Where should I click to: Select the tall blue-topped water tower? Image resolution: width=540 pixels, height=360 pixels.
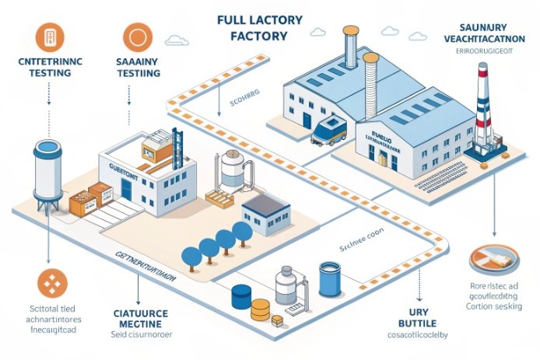[47, 175]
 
